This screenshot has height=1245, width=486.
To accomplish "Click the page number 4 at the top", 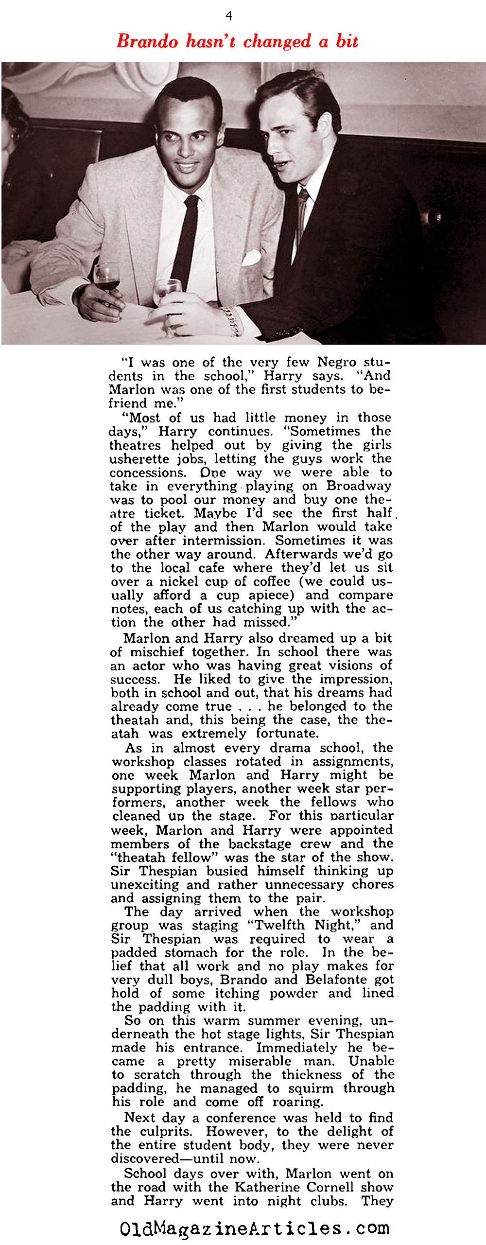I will click(229, 16).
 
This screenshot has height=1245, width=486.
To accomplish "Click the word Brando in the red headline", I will click(147, 41).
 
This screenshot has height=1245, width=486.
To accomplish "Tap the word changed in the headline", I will click(277, 41).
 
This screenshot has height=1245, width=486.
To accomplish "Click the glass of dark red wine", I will click(106, 278).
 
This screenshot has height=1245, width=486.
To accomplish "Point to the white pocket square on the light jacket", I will click(251, 257).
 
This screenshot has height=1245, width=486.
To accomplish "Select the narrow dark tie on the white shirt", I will click(186, 238).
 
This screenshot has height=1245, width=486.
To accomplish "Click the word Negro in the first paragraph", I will click(337, 362).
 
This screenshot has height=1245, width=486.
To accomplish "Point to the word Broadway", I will click(359, 486).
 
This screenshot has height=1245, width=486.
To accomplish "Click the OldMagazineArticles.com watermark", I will click(255, 1228).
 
